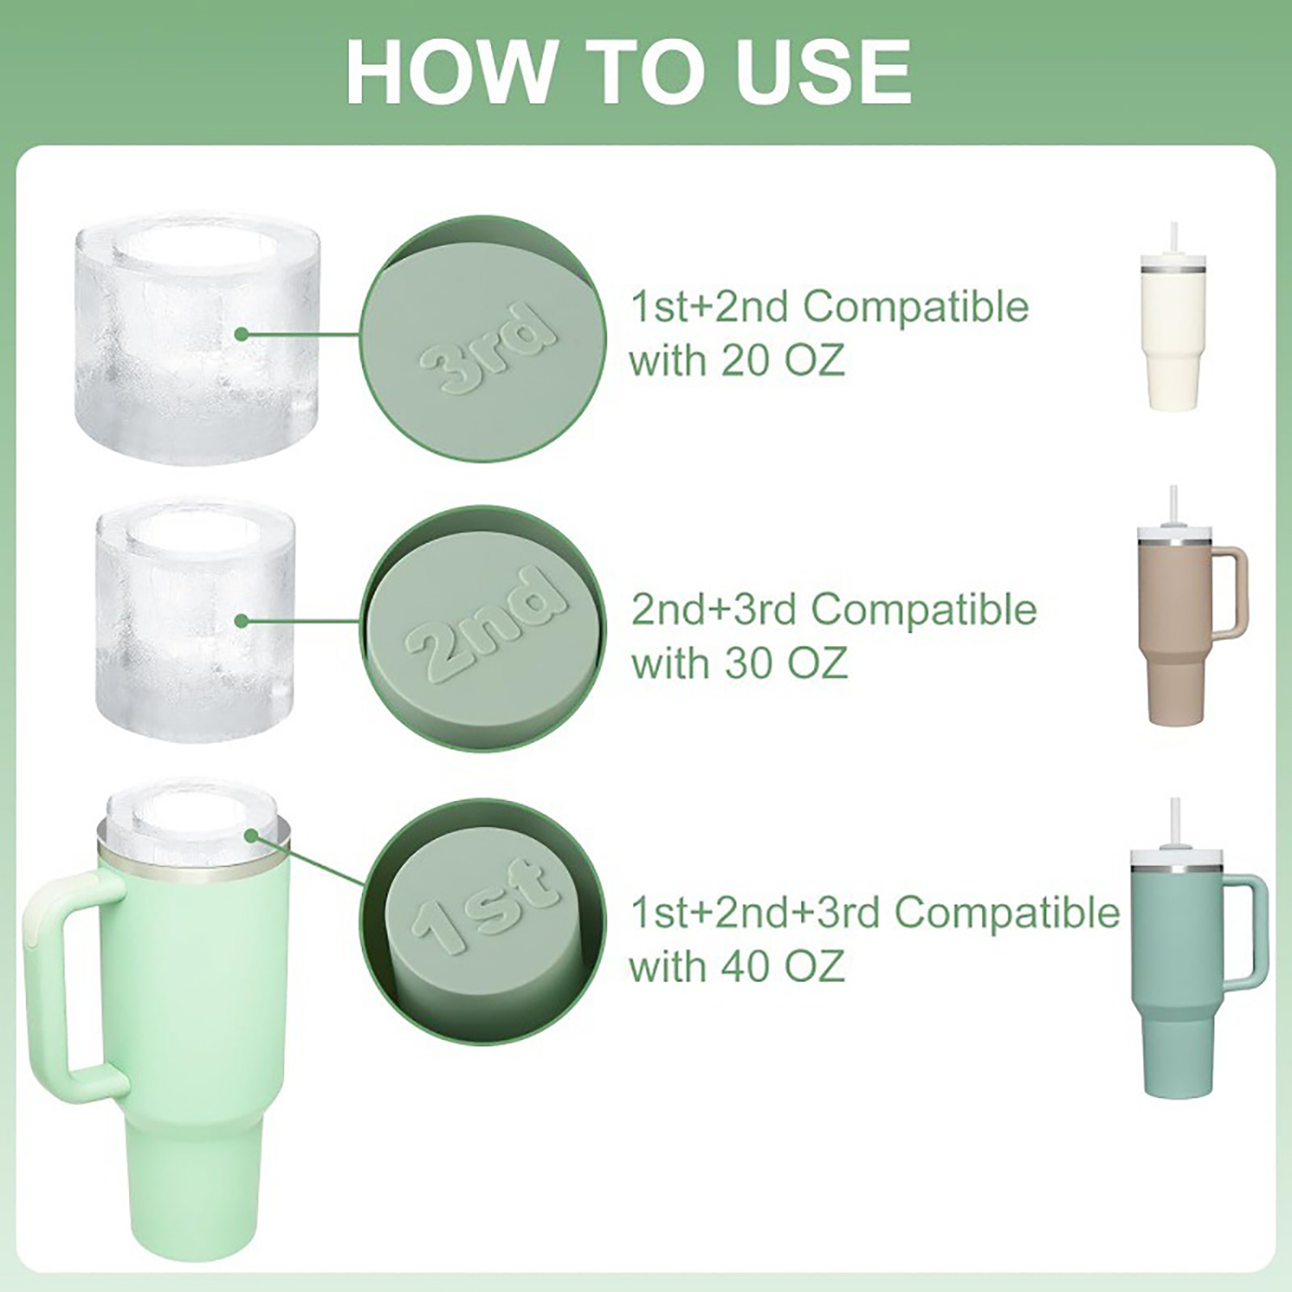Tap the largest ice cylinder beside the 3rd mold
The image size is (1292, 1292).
(196, 339)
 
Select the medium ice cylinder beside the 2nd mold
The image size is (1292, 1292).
(196, 619)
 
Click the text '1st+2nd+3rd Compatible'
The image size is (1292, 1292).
(875, 912)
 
